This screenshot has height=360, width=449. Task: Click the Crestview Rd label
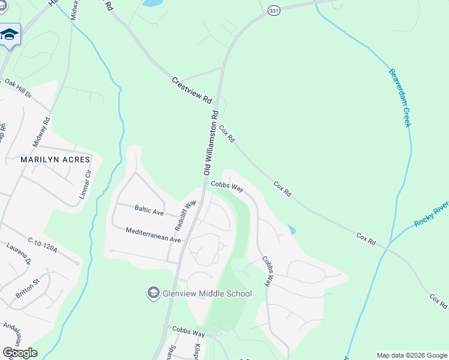[192, 90]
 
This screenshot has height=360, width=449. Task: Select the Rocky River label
[431, 215]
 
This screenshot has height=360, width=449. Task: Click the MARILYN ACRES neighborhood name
[55, 160]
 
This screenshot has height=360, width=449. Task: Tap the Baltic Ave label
[149, 211]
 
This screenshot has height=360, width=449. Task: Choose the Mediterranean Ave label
[153, 235]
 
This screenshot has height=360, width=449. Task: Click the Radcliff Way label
[185, 215]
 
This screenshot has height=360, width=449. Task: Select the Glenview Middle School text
[206, 293]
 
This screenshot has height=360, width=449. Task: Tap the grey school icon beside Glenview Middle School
[153, 293]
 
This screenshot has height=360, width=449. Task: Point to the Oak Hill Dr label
[17, 88]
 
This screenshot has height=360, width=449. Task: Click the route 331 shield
[273, 12]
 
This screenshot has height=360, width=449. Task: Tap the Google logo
[20, 353]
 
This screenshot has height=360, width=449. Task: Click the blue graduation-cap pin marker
[10, 34]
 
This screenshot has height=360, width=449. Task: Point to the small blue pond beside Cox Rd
[291, 230]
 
